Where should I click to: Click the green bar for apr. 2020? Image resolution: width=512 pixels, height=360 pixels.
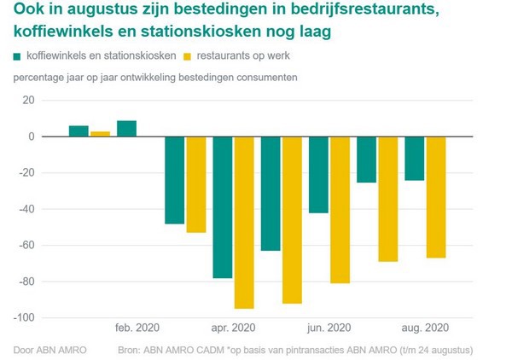(223, 207)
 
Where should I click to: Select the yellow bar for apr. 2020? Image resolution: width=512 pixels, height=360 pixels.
(245, 222)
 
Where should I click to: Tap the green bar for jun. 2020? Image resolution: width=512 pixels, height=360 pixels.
(319, 175)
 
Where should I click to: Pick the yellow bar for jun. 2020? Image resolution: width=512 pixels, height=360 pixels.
(340, 210)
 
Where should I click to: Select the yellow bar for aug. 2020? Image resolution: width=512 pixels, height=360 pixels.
(436, 197)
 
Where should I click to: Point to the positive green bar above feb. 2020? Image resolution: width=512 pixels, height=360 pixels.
(126, 129)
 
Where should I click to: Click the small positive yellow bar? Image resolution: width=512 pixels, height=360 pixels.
(101, 134)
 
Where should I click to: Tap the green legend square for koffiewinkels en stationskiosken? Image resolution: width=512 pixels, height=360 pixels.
(18, 57)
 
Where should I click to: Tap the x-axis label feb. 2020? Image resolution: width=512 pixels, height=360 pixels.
(137, 328)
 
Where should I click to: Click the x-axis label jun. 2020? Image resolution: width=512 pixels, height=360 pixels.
(329, 328)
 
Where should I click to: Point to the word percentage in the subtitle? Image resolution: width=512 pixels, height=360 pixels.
(40, 78)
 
